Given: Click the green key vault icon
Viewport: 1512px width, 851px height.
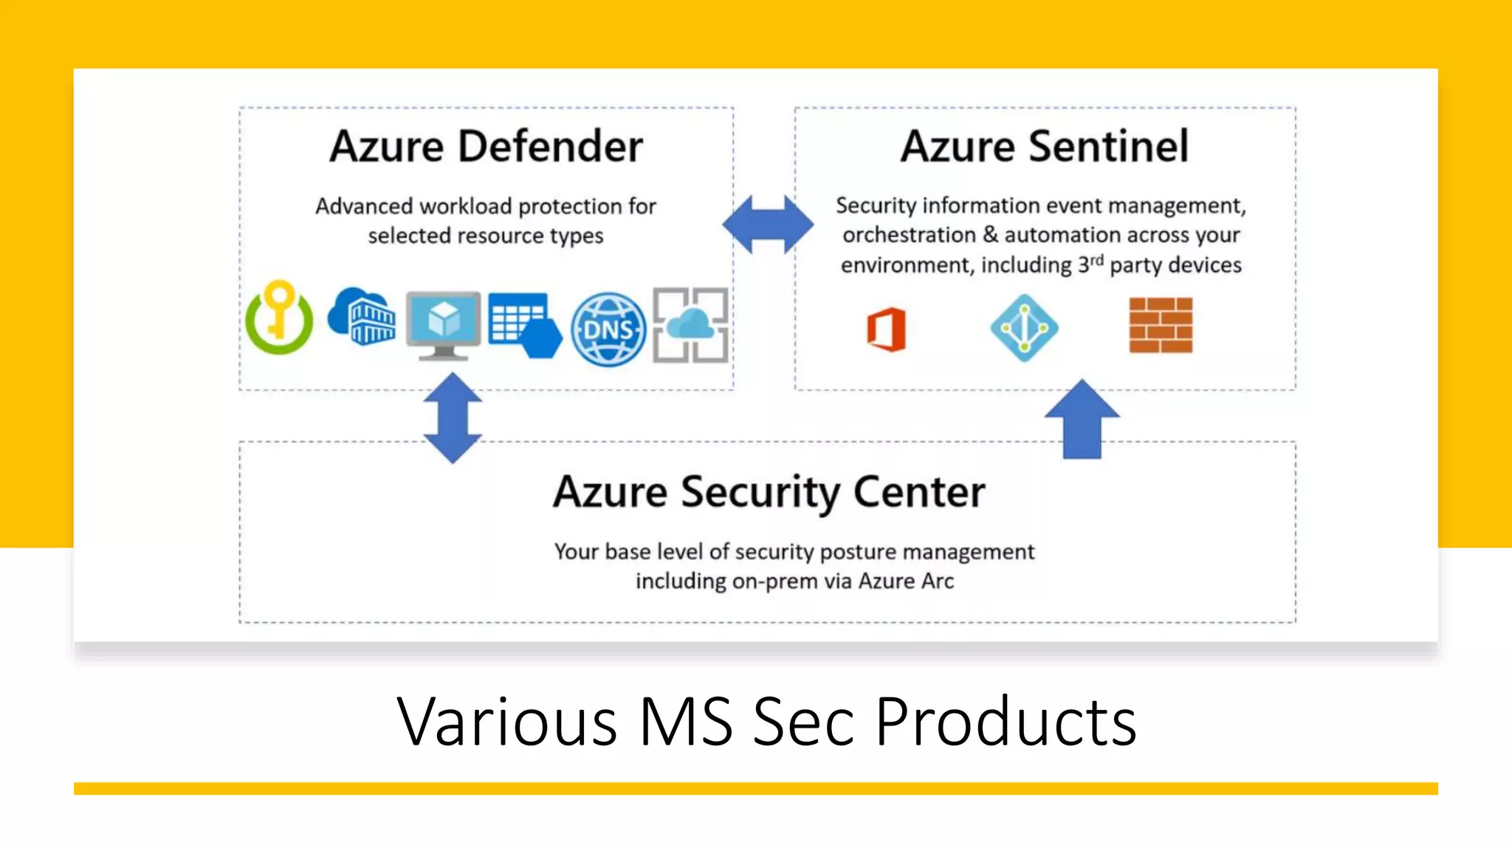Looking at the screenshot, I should pyautogui.click(x=279, y=319).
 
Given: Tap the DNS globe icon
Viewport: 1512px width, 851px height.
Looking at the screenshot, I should pyautogui.click(x=608, y=329).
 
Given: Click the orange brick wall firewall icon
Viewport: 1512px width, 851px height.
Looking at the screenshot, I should pyautogui.click(x=1161, y=325).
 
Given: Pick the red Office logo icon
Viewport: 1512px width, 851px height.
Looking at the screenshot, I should pyautogui.click(x=886, y=329).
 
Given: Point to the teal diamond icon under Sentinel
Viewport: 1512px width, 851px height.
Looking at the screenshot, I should pyautogui.click(x=1024, y=328).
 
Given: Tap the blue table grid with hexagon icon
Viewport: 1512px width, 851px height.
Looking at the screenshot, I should pyautogui.click(x=523, y=325).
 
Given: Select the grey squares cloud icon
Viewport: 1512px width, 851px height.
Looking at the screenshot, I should pyautogui.click(x=691, y=325).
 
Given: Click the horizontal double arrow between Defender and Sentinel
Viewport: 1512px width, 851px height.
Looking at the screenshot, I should pyautogui.click(x=768, y=225).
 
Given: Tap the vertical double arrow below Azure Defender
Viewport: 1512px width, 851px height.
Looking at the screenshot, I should pyautogui.click(x=453, y=417).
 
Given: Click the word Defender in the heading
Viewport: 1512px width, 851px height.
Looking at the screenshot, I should pyautogui.click(x=550, y=146).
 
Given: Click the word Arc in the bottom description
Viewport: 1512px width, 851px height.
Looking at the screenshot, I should pyautogui.click(x=938, y=581).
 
